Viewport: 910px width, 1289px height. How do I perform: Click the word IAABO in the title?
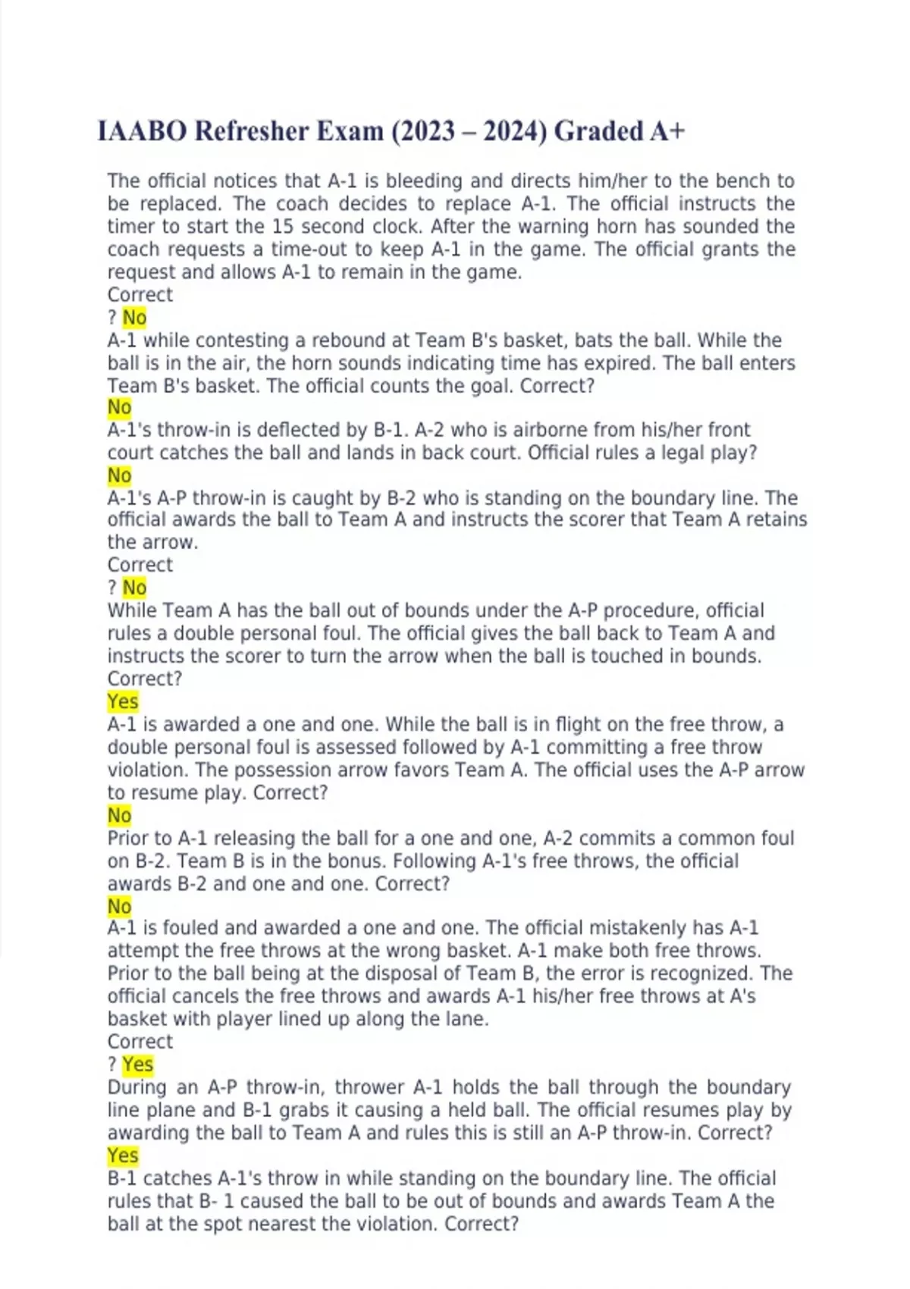click(142, 131)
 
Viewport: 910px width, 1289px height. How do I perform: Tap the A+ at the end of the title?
click(667, 131)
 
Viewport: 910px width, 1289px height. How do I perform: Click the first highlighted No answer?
click(134, 318)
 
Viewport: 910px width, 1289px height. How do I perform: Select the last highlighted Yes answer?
click(123, 1156)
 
